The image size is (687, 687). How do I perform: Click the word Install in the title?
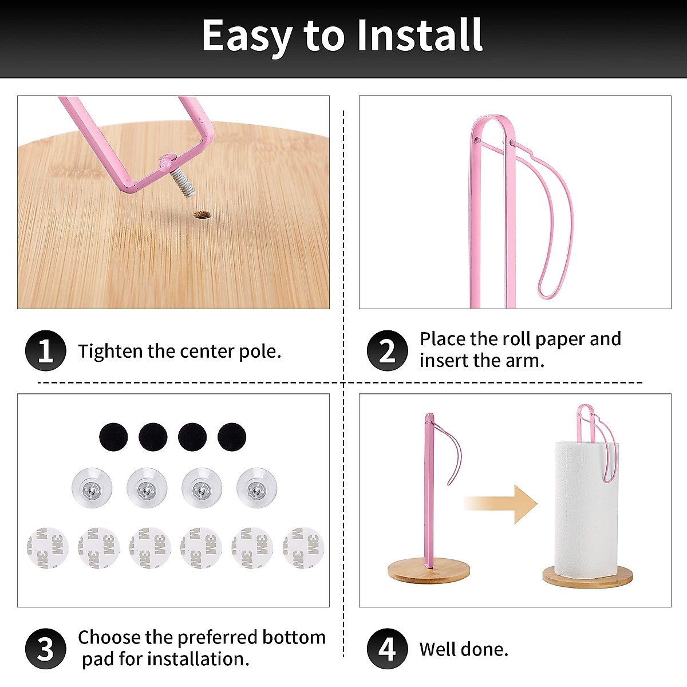420,35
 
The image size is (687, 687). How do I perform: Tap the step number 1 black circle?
46,350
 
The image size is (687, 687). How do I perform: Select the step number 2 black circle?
387,350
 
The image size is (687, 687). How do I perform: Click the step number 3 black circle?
46,649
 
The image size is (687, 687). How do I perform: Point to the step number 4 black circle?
387,649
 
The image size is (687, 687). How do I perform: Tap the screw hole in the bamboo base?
202,216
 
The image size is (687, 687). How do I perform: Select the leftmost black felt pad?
113,437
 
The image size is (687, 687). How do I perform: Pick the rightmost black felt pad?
232,437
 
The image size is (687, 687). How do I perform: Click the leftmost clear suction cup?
92,488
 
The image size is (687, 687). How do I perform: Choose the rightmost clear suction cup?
256,488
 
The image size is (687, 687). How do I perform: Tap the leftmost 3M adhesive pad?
48,548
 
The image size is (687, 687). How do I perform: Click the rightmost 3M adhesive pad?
303,548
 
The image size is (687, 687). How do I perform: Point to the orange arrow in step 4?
504,504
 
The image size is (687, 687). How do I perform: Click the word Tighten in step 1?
110,351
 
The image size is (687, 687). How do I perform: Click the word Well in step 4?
438,649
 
